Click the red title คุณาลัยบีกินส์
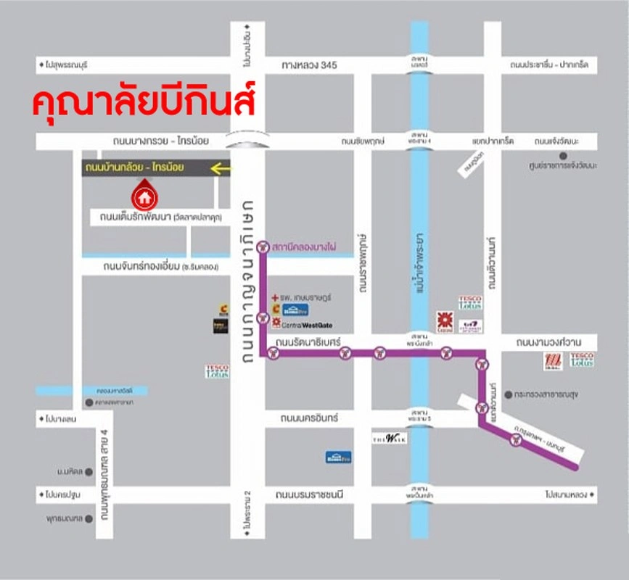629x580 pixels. (144, 102)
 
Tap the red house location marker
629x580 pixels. (144, 195)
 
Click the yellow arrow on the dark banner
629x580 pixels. (221, 169)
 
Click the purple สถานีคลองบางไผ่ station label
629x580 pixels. (304, 247)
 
